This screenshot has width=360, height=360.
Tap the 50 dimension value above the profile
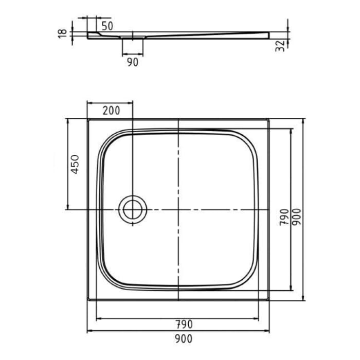[x=107, y=25]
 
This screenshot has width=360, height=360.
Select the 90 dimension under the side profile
[x=132, y=62]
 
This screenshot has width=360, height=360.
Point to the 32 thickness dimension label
[x=280, y=45]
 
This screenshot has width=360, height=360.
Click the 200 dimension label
[x=111, y=110]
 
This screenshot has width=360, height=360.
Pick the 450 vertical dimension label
[x=75, y=164]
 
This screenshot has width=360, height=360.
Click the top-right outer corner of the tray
[x=268, y=119]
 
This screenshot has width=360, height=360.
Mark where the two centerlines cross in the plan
[x=178, y=210]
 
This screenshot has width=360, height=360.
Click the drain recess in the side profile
[x=133, y=38]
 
